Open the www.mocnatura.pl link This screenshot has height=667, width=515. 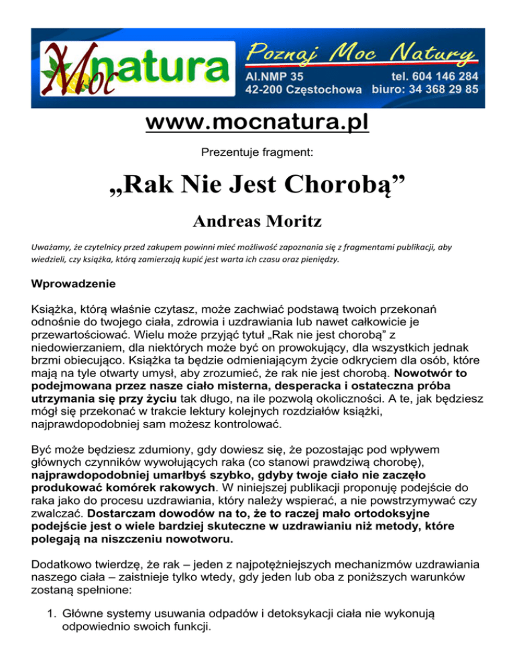pos(257,125)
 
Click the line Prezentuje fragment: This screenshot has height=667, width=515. pos(257,153)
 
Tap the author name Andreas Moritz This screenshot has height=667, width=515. pos(257,223)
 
